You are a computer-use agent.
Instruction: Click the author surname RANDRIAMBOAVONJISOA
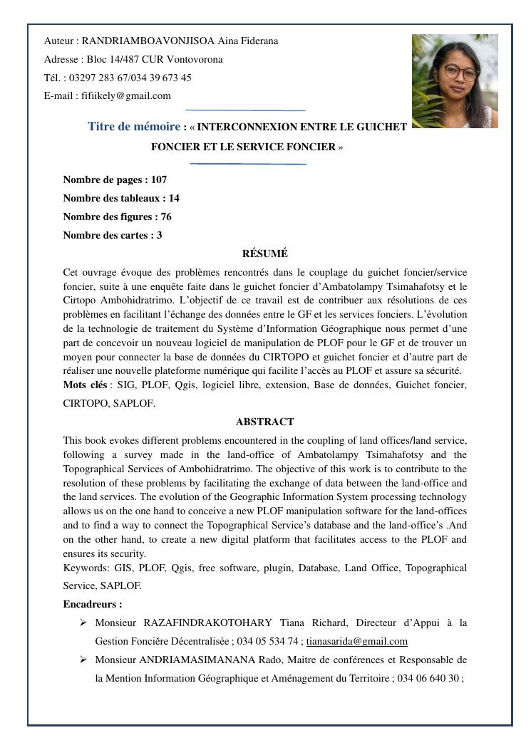(x=149, y=41)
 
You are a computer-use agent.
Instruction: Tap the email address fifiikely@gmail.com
(x=125, y=96)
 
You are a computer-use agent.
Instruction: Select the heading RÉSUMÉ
(x=265, y=254)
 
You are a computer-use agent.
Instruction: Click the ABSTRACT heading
(x=265, y=422)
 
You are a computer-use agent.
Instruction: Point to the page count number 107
(x=158, y=180)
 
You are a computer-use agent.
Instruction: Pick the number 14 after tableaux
(x=174, y=199)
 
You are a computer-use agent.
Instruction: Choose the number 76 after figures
(x=166, y=217)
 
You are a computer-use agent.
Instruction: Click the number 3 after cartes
(x=160, y=236)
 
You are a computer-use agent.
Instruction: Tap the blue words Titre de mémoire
(x=134, y=127)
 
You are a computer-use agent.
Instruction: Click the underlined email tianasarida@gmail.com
(x=357, y=642)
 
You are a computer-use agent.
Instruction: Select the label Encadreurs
(x=92, y=605)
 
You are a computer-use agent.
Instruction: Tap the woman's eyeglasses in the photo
(x=453, y=72)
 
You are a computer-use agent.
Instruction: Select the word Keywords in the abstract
(x=86, y=568)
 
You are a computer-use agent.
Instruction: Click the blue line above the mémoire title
(x=245, y=110)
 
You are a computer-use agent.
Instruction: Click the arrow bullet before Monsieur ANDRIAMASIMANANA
(x=83, y=660)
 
